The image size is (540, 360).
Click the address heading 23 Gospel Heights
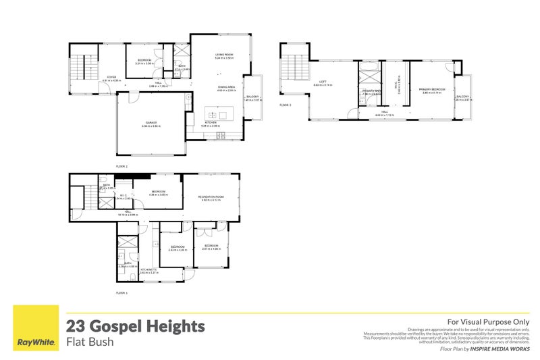coord(135,327)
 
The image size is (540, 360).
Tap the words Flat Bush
coord(90,342)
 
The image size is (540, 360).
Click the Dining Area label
coord(226,86)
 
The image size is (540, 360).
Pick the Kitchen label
coord(211,122)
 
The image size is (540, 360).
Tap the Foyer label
coord(111,77)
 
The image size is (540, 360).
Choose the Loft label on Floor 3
coord(323,82)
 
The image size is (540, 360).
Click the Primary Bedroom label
coord(431,88)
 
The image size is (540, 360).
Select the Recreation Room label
coord(211,197)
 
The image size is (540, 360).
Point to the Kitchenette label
coord(148,269)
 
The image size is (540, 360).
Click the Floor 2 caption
coord(122,165)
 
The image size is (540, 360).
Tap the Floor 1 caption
coord(122,293)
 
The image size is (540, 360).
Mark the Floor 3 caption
coord(286,105)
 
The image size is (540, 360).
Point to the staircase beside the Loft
coord(294,68)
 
